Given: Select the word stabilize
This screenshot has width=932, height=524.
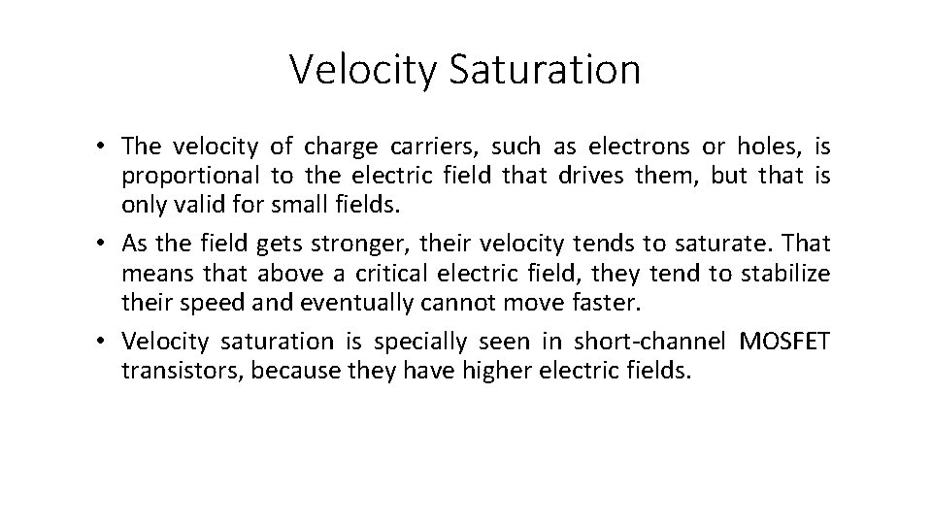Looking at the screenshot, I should point(785,273).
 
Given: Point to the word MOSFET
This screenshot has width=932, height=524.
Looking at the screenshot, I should point(784,340).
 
